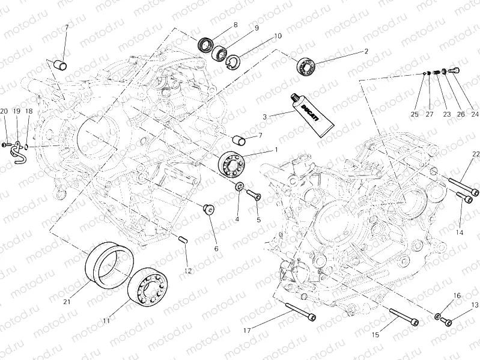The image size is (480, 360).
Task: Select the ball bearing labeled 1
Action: point(231,162)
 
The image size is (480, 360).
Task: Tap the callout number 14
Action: point(460,232)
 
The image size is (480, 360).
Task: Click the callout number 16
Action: point(457,295)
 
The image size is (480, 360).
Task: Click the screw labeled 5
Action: point(252,194)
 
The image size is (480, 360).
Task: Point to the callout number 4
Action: point(237,219)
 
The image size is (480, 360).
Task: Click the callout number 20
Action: point(4,111)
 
